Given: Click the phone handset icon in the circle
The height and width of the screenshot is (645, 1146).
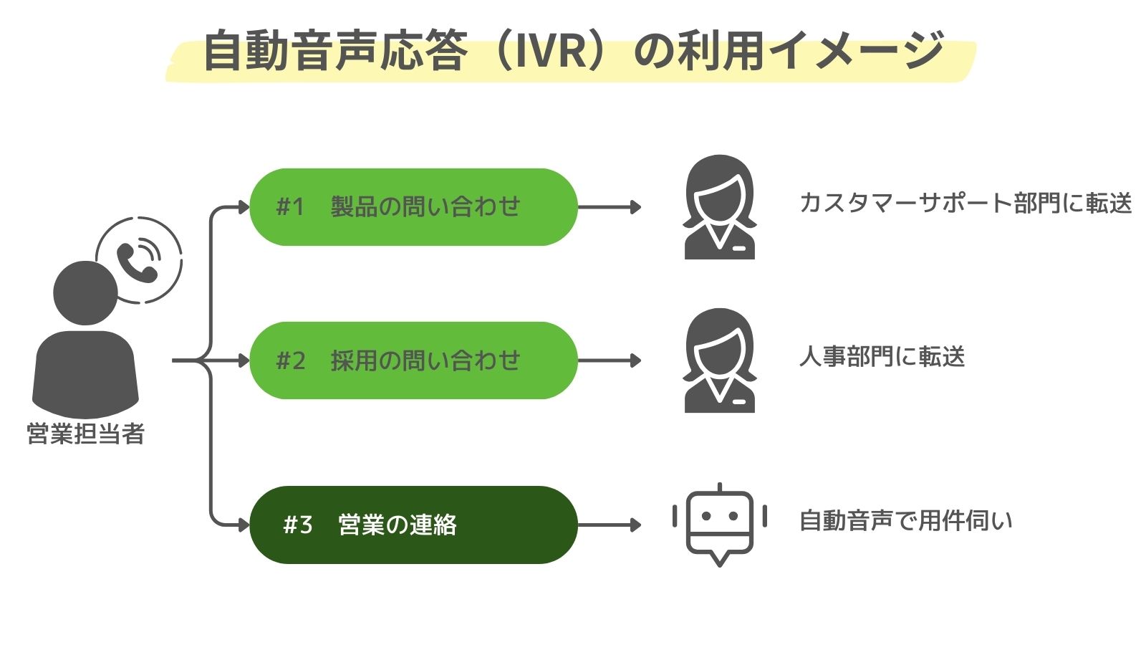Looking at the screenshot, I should (x=137, y=261).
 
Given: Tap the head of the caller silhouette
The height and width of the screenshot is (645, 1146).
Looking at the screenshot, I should (x=85, y=292).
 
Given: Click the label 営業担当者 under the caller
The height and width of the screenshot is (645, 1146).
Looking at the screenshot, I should (x=85, y=434).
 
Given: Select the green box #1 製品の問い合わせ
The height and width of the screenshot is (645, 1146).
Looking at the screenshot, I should (x=413, y=207).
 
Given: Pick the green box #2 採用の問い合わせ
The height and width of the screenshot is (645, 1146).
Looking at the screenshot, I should (x=413, y=360).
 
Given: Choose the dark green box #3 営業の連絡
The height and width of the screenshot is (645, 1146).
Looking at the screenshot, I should (x=413, y=525).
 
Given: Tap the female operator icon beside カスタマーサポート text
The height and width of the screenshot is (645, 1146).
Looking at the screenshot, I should (x=719, y=207).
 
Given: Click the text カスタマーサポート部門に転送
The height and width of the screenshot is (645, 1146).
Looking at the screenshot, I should (x=965, y=204).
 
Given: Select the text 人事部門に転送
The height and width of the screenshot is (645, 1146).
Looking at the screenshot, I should (x=882, y=357).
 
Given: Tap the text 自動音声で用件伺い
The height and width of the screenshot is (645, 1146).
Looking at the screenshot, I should (x=905, y=521).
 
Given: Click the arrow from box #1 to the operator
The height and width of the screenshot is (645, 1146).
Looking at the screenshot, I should (x=610, y=207).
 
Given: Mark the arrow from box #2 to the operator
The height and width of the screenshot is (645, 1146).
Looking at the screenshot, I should (x=610, y=360).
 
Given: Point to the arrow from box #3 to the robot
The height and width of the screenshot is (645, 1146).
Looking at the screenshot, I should (x=610, y=525).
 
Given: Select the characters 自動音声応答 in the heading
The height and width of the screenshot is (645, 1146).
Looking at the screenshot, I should (x=335, y=52).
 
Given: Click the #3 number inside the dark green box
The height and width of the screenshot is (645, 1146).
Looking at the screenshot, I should (x=298, y=525).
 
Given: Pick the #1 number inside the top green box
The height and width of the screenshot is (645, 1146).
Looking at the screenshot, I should (x=290, y=207).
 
